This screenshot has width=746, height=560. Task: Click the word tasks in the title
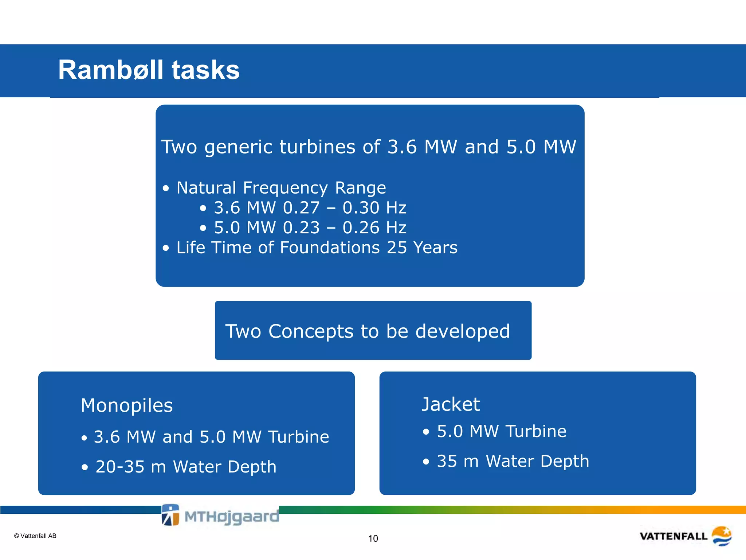pyautogui.click(x=205, y=70)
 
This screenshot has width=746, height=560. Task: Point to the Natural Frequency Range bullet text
pyautogui.click(x=281, y=188)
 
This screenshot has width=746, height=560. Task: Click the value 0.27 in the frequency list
pyautogui.click(x=301, y=208)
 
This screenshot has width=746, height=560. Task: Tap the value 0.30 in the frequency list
pyautogui.click(x=361, y=208)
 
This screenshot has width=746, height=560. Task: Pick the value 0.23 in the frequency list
pyautogui.click(x=301, y=228)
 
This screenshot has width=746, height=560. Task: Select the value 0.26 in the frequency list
pyautogui.click(x=361, y=228)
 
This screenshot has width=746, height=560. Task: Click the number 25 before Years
pyautogui.click(x=397, y=248)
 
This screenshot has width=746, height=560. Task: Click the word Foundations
pyautogui.click(x=330, y=248)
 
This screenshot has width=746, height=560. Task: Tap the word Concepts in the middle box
pyautogui.click(x=311, y=331)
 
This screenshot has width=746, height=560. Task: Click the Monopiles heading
pyautogui.click(x=127, y=405)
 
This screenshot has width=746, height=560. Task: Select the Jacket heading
pyautogui.click(x=451, y=404)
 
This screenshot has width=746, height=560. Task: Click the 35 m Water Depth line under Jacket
pyautogui.click(x=513, y=461)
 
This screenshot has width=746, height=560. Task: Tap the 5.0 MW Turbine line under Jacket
pyautogui.click(x=501, y=432)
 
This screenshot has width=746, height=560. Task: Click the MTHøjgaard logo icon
pyautogui.click(x=170, y=515)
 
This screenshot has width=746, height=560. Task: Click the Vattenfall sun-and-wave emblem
pyautogui.click(x=721, y=536)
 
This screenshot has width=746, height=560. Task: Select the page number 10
pyautogui.click(x=373, y=538)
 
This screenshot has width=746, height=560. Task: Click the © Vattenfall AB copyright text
pyautogui.click(x=35, y=536)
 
